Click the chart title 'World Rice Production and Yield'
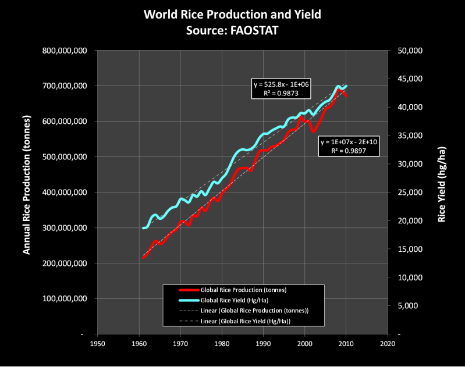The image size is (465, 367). click(232, 15)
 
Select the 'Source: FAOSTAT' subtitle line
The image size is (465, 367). click(232, 29)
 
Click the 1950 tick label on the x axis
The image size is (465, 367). click(97, 344)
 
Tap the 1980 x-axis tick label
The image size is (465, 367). click(222, 344)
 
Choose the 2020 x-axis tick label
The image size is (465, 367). click(388, 344)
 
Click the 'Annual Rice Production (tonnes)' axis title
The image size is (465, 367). click(26, 193)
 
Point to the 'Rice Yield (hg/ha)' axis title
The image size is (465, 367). click(442, 193)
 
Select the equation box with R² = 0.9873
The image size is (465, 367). click(281, 88)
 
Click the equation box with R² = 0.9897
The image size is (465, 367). click(349, 146)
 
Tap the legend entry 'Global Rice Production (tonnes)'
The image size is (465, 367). click(245, 290)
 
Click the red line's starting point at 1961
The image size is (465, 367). click(143, 257)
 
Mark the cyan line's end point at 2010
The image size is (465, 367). click(346, 85)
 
